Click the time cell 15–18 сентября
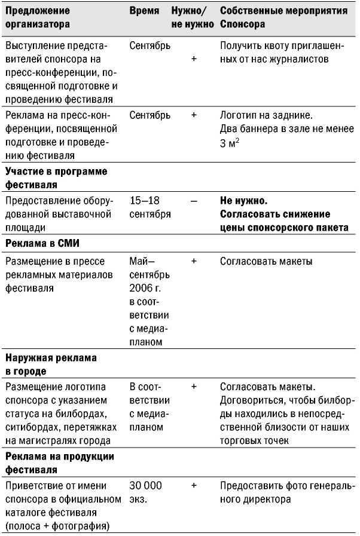point(150,207)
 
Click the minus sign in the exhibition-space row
point(193,201)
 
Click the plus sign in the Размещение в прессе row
point(193,261)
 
